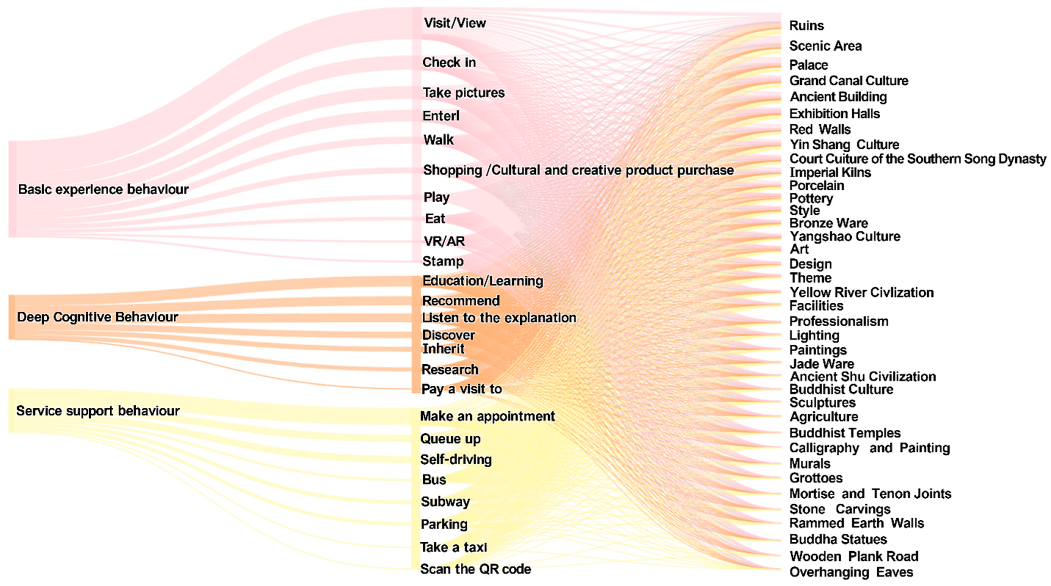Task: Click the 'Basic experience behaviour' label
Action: tap(103, 189)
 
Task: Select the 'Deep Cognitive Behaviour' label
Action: tap(98, 317)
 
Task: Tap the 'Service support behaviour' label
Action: tap(98, 410)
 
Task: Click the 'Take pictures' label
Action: tap(463, 93)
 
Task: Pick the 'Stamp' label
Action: tap(443, 261)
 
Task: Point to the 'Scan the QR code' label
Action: tap(476, 569)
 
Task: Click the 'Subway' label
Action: tap(446, 502)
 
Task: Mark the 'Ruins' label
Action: tap(807, 26)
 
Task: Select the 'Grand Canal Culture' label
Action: tap(849, 81)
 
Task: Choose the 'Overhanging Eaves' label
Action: tap(851, 572)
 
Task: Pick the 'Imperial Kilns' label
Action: tap(830, 173)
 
